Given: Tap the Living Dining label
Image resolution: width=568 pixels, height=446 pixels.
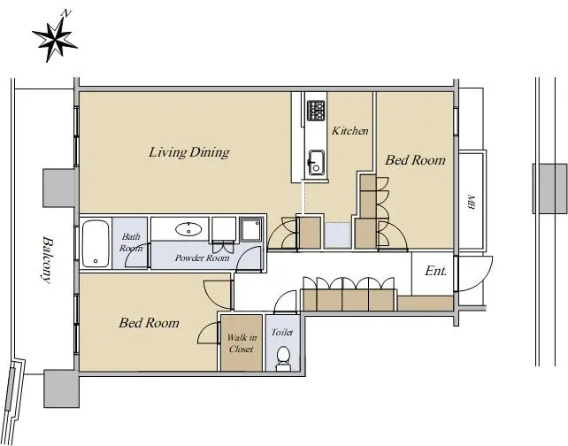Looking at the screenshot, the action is [189, 152].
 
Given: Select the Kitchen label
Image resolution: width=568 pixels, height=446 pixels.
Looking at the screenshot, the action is [350, 130].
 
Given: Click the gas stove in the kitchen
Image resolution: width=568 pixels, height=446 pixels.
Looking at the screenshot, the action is [316, 111].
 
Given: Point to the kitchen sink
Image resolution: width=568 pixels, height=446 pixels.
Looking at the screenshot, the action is [316, 162].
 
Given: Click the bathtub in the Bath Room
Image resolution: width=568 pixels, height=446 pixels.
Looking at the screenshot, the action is [96, 243].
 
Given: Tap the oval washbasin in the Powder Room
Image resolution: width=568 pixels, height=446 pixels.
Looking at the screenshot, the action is [188, 229].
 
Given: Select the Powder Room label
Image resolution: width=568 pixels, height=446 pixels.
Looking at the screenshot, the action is [202, 258].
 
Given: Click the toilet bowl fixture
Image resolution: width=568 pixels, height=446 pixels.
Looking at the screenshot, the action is [283, 358].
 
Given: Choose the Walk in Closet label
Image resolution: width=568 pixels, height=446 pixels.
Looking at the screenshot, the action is [242, 343].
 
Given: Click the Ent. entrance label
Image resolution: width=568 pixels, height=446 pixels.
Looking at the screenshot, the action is [435, 271].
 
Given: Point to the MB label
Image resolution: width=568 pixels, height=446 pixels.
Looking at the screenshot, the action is [471, 202].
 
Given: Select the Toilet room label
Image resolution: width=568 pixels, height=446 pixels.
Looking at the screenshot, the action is [282, 332].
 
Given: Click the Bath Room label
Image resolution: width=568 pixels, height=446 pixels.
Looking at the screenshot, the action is [131, 242].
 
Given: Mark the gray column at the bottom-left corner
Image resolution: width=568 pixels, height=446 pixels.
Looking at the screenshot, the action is [61, 388].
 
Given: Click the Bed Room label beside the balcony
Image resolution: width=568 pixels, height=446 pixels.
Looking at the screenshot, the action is [149, 323].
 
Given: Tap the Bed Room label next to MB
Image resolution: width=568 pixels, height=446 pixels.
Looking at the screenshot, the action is [415, 160].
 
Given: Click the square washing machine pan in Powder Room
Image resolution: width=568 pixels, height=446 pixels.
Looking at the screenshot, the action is [251, 229].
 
